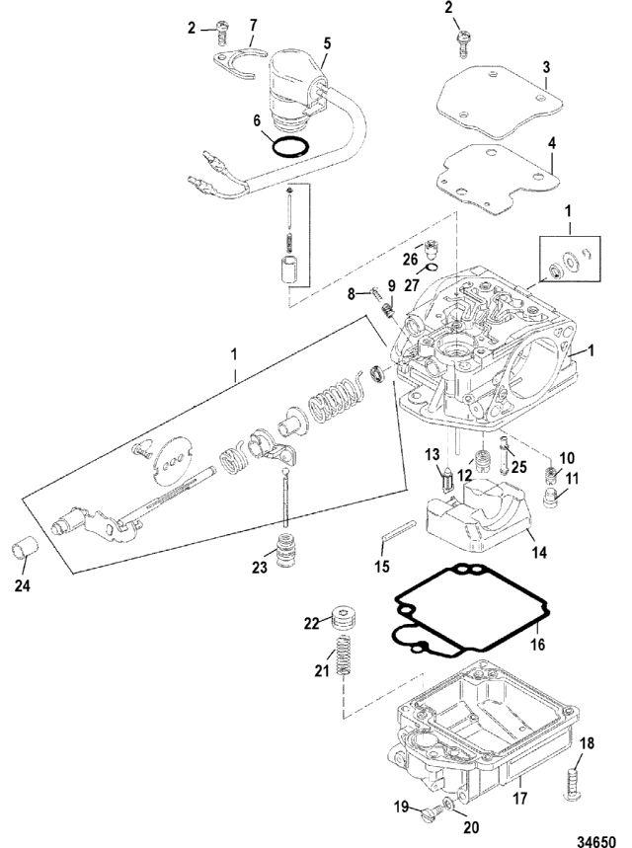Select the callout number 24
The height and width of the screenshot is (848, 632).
22,585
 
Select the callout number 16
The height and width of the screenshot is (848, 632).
538,645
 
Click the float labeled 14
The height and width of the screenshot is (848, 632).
477,516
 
